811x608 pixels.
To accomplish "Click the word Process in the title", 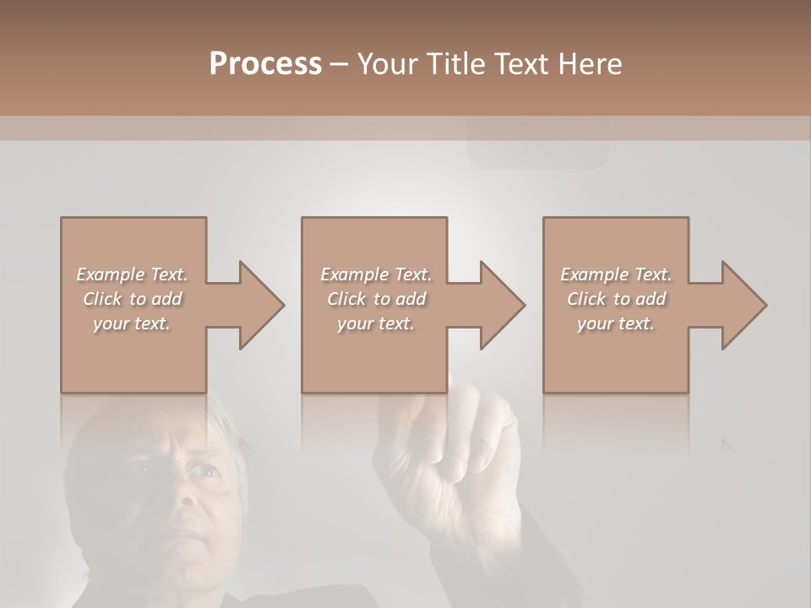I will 265,64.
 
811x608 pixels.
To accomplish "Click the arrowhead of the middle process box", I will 501,305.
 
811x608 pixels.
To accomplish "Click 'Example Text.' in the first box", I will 133,274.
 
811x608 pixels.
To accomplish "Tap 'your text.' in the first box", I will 132,323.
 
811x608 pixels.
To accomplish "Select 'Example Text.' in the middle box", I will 376,274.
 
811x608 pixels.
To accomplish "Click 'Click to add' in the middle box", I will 376,299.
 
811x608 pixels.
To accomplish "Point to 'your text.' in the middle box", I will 376,323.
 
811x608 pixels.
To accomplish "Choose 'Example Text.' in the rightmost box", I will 616,274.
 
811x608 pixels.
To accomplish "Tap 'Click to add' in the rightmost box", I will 616,299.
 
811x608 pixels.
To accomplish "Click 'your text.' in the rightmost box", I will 616,323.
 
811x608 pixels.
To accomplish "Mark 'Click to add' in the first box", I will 133,299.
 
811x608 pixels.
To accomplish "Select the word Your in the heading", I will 385,64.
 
